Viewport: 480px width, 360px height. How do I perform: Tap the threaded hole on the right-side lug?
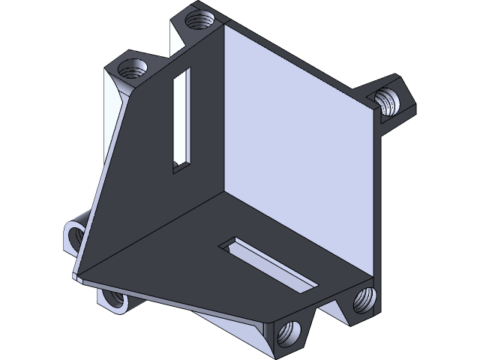388,100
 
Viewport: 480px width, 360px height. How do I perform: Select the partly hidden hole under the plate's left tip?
114,299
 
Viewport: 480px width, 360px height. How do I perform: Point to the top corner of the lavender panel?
225,25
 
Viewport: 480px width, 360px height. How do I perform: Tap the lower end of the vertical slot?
181,165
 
